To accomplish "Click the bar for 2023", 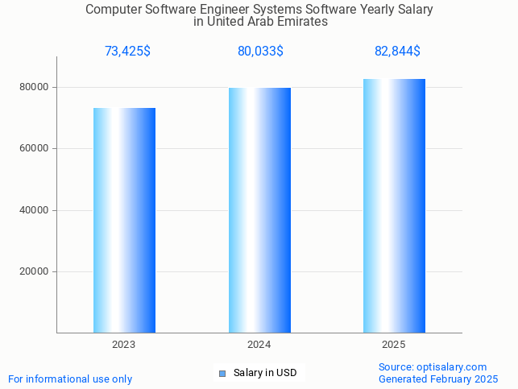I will [x=124, y=220].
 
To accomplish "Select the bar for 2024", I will [x=259, y=209].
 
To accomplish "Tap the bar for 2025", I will [x=394, y=205].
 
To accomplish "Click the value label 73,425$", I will [x=127, y=52].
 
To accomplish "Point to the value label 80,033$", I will [x=260, y=52].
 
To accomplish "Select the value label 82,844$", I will [x=397, y=52].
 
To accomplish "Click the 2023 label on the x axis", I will [x=124, y=345].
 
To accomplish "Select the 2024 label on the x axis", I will [x=259, y=345].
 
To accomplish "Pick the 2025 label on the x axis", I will [x=394, y=345].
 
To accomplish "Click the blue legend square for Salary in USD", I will [x=222, y=373].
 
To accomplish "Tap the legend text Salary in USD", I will [x=265, y=373].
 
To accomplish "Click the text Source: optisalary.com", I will [x=433, y=366].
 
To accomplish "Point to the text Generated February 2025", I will [x=438, y=379].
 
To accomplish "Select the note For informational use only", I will [x=70, y=379].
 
